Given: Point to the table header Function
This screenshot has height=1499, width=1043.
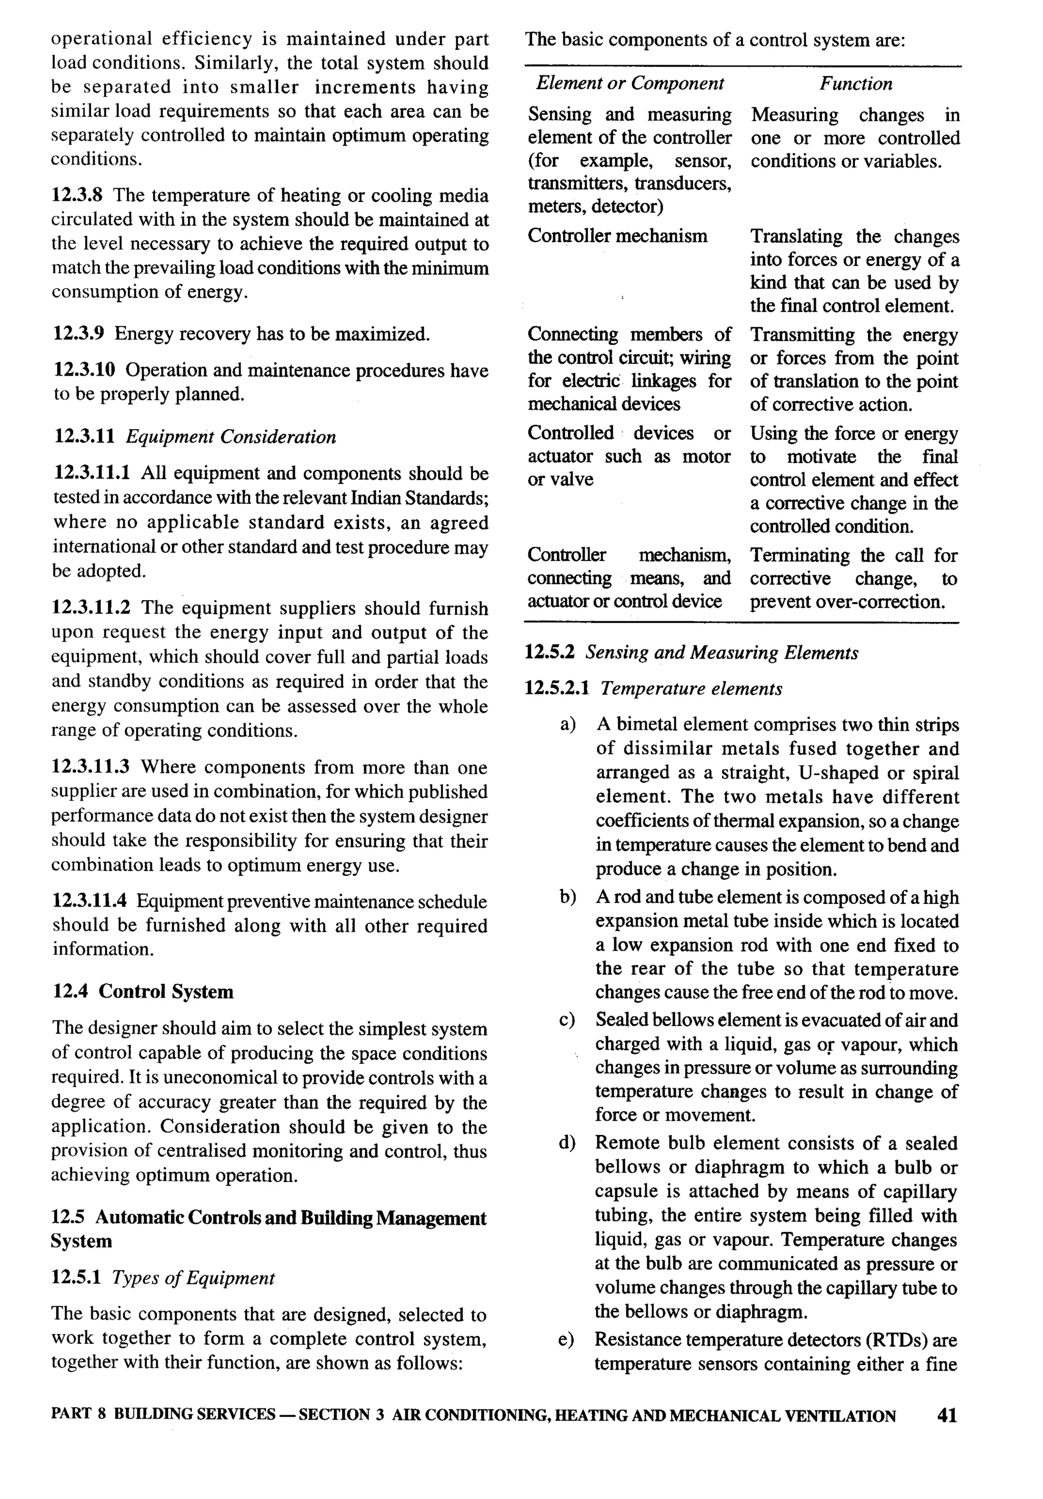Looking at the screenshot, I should [856, 83].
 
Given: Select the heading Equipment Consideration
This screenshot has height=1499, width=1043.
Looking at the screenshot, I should [231, 436].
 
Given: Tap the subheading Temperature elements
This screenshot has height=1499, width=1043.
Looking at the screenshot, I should [691, 688].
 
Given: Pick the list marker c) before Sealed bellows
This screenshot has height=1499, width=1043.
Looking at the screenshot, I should [567, 1021].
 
